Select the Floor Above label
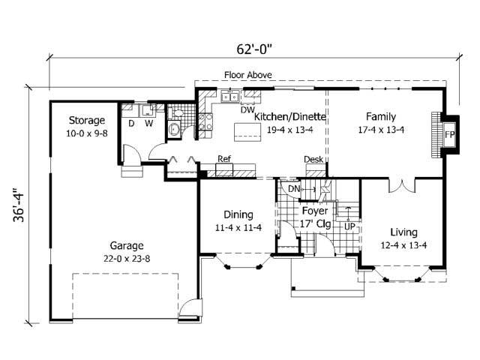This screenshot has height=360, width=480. click(248, 75)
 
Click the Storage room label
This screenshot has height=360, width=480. click(86, 120)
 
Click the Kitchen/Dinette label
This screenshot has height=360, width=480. click(289, 117)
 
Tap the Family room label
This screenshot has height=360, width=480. click(380, 116)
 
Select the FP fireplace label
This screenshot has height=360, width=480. click(450, 135)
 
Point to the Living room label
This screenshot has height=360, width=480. click(403, 232)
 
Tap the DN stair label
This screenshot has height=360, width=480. click(293, 189)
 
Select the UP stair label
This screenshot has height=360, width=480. click(349, 224)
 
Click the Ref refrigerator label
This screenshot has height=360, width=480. click(223, 159)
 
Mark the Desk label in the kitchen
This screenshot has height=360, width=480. click(313, 159)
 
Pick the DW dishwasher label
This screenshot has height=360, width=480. click(247, 109)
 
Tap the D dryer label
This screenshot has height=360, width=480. click(131, 123)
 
